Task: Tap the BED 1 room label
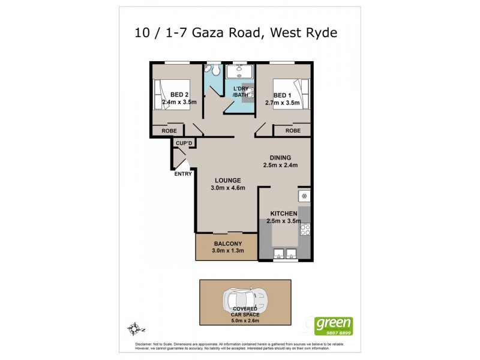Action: pos(283,94)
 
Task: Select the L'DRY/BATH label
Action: pos(241,92)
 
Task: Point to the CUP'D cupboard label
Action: pos(184,143)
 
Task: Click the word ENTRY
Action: pos(183,174)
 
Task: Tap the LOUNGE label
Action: pos(228,180)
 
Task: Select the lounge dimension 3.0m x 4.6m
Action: pos(228,188)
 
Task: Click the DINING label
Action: pos(280,158)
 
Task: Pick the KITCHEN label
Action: pos(284,214)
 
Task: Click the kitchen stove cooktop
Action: pos(305,229)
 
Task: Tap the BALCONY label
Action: pos(227,243)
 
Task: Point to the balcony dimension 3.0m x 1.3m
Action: pos(227,251)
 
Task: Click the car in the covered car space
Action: pos(244,298)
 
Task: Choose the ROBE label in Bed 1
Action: pos(293,130)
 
